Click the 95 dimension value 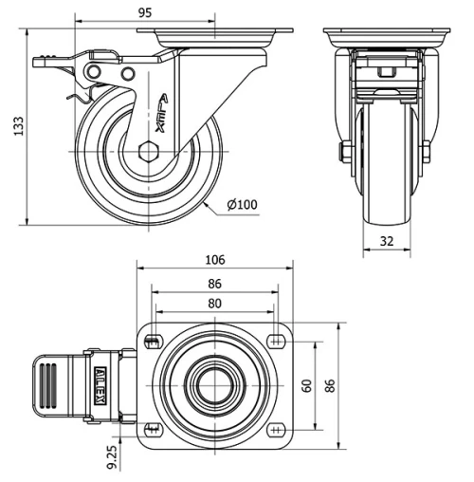[x=145, y=13]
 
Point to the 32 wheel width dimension [x=386, y=241]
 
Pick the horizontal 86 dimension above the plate [x=215, y=284]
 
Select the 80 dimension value [x=215, y=304]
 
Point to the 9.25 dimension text [x=113, y=456]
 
